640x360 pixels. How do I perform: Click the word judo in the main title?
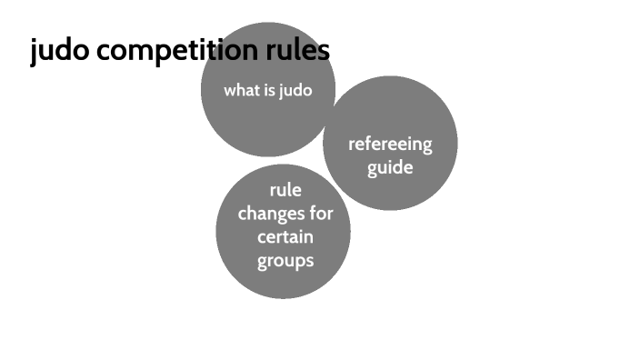coord(59,52)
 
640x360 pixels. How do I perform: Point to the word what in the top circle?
coord(242,91)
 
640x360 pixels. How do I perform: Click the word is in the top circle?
coord(270,91)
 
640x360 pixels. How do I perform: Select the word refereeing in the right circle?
coord(390,145)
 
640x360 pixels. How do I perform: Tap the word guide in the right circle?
coord(390,168)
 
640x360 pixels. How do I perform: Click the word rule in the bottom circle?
coord(285,191)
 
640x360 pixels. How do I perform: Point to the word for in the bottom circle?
coord(321,215)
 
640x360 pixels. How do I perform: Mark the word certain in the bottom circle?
coord(285,237)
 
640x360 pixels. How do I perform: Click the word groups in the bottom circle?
coord(285,261)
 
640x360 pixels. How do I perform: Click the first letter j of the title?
coord(34,52)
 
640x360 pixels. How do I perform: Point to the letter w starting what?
coord(229,91)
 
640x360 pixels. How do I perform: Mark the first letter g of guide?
coord(373,169)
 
